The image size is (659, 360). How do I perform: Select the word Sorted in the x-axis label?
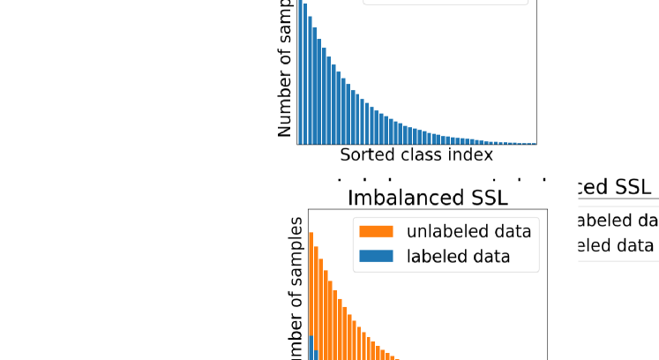(x=365, y=155)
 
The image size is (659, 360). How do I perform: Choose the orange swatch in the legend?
(x=376, y=232)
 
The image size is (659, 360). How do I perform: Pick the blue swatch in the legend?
(x=376, y=257)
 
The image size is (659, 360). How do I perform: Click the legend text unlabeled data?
(x=468, y=232)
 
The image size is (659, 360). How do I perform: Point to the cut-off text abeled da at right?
(x=616, y=221)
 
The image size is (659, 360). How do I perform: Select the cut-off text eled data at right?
(x=616, y=245)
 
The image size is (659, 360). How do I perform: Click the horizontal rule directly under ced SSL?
(x=613, y=200)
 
